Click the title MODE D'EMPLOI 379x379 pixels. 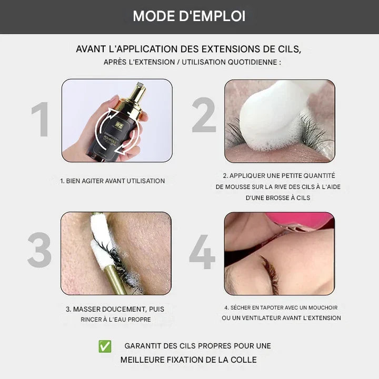[x=189, y=16]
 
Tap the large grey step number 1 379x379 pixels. [x=41, y=119]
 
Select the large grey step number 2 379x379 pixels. [x=204, y=115]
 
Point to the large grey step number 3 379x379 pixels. [x=39, y=250]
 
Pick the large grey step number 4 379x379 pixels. [x=202, y=252]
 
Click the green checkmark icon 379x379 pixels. [x=105, y=346]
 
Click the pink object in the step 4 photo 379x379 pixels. [x=300, y=220]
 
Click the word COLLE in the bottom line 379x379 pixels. [x=244, y=360]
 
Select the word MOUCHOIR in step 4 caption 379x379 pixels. [x=323, y=307]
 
